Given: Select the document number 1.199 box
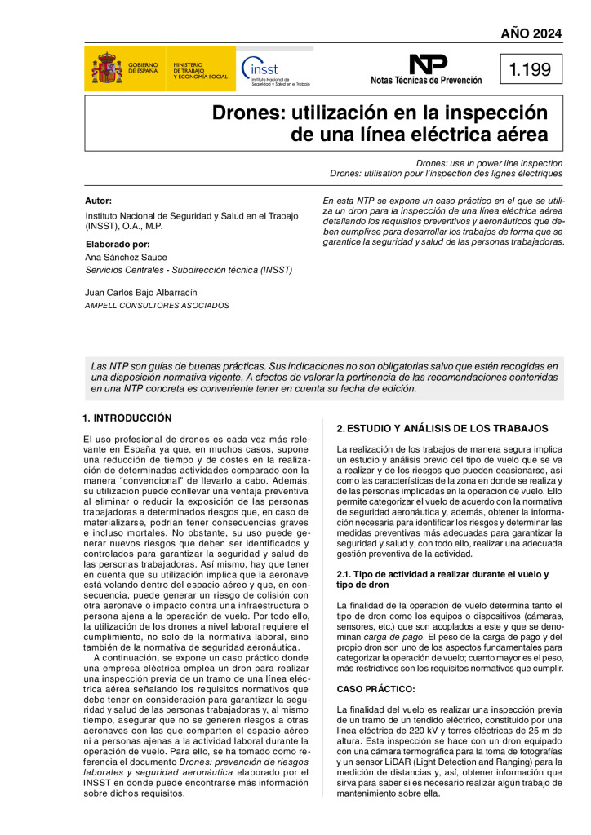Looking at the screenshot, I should [531, 70].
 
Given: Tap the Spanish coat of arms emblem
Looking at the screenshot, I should [106, 69].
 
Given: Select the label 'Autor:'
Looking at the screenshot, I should [98, 201].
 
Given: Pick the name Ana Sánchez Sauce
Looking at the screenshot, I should [126, 257].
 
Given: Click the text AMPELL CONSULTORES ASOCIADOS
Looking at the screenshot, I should [157, 306].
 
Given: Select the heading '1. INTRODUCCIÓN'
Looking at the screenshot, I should [127, 418].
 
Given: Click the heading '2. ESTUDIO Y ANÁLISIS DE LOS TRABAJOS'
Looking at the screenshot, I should [442, 429].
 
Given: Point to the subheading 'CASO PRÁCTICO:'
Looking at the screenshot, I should [375, 689].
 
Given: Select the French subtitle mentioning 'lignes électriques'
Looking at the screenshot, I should [446, 174].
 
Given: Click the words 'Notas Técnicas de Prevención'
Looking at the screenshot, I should [426, 81].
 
